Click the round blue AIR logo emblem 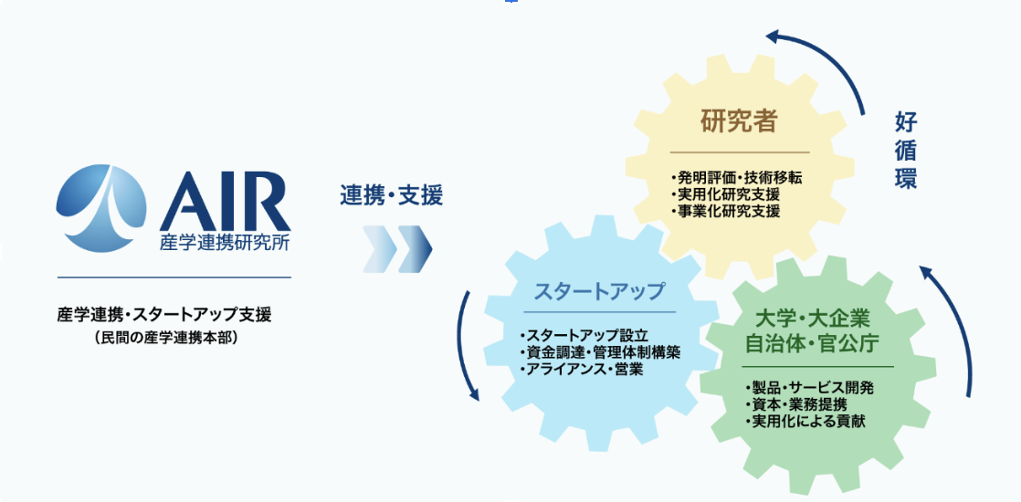click(x=101, y=208)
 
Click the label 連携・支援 click(x=392, y=195)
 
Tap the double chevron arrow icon click(x=397, y=250)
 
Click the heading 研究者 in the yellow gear click(x=739, y=121)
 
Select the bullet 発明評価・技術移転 click(x=736, y=177)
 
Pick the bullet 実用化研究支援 click(x=725, y=194)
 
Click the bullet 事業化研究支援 click(x=725, y=211)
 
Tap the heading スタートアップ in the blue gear click(x=599, y=291)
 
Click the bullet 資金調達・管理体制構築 click(x=600, y=353)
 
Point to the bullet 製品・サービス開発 click(x=809, y=388)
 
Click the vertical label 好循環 click(x=906, y=151)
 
